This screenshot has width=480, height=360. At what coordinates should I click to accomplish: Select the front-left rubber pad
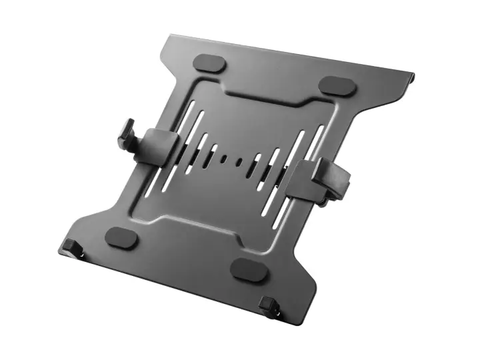[121, 236]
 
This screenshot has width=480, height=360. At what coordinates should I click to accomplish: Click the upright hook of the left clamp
[127, 133]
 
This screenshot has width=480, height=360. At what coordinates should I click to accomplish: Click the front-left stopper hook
[71, 247]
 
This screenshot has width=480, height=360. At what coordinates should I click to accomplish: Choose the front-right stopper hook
[269, 306]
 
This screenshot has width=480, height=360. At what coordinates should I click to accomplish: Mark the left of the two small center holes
[224, 159]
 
